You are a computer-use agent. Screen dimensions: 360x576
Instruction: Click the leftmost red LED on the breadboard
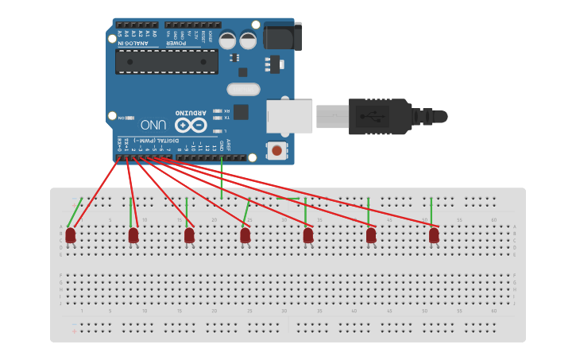point(71,235)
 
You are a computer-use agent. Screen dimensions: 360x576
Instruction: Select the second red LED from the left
point(133,235)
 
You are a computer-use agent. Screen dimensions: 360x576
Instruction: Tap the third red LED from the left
point(189,235)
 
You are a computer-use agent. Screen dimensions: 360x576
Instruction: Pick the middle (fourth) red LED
point(245,235)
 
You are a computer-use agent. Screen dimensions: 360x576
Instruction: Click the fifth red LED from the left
point(308,235)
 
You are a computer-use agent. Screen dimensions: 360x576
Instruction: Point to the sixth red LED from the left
point(371,235)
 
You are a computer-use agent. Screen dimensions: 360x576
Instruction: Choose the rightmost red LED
point(434,235)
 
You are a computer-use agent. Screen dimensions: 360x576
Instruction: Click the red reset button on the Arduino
point(276,149)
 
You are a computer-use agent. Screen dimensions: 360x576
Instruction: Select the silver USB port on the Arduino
point(289,116)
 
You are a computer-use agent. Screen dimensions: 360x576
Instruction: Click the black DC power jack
point(282,37)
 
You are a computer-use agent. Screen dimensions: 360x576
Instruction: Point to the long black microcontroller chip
point(167,61)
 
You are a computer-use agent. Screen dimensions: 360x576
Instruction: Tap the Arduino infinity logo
point(191,125)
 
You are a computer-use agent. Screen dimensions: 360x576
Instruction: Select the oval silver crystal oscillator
point(243,89)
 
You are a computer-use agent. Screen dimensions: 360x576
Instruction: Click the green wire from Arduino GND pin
point(222,176)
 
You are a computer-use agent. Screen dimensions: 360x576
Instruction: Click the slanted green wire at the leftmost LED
point(74,212)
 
